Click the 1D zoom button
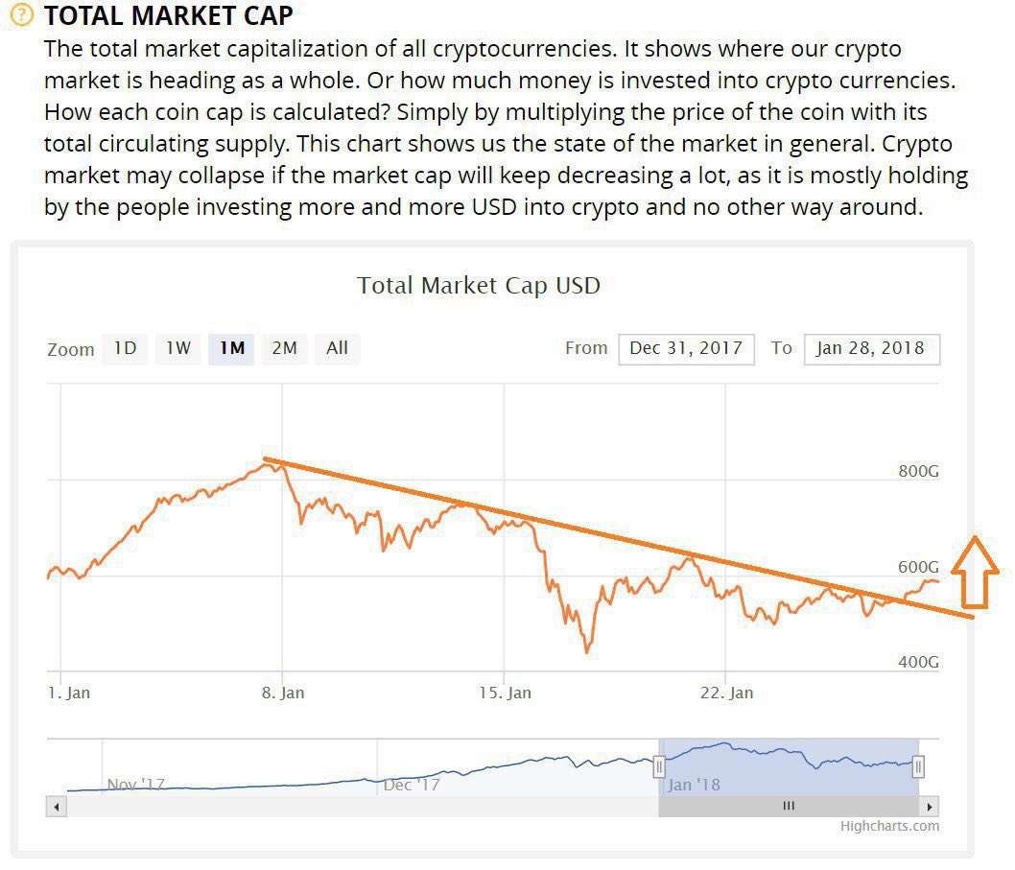(126, 348)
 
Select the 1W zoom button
(178, 348)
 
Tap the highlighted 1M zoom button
(231, 348)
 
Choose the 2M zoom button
(284, 348)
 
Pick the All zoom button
(337, 348)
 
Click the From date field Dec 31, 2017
(686, 348)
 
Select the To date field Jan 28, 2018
(871, 348)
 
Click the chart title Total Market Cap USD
(478, 286)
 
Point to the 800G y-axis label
(917, 471)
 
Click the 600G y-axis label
(917, 567)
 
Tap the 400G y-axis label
(917, 663)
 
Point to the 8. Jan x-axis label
(283, 693)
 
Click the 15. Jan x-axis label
(505, 693)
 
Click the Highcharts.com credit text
(889, 826)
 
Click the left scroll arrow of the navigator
(57, 807)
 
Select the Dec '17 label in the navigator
(412, 785)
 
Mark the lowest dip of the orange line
(587, 651)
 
